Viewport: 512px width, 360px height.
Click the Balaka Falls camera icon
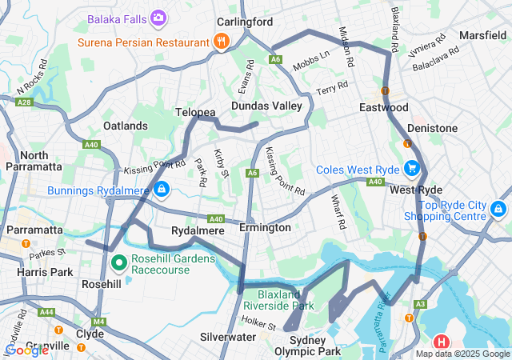(x=158, y=17)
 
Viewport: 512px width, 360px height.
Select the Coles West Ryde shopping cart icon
(x=412, y=168)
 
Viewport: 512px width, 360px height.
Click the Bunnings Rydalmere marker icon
(x=162, y=189)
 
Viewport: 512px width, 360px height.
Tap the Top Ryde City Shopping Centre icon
(x=498, y=210)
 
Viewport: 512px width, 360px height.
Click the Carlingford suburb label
(x=245, y=22)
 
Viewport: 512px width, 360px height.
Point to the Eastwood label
(x=384, y=107)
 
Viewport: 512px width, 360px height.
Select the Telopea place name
(x=195, y=114)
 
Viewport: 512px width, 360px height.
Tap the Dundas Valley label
(x=266, y=106)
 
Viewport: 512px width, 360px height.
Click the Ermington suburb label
(x=265, y=228)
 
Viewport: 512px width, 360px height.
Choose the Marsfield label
(x=482, y=35)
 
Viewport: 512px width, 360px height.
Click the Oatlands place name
(x=126, y=126)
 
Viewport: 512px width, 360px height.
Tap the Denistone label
(x=432, y=128)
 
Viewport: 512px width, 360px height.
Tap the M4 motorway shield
(x=98, y=322)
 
